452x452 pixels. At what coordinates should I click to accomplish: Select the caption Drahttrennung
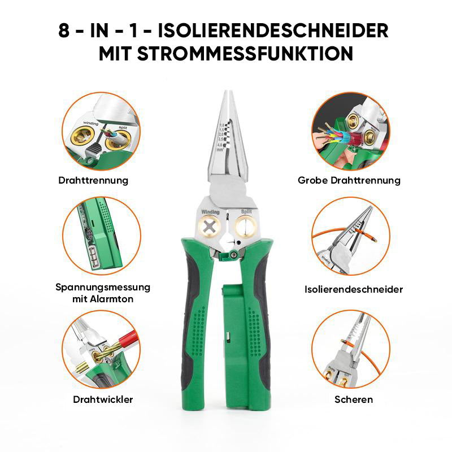coord(93,181)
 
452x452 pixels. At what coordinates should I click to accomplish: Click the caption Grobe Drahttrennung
coord(349,181)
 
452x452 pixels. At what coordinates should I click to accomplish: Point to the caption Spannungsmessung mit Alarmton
coord(103,293)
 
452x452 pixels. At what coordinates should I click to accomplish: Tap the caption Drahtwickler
coord(103,399)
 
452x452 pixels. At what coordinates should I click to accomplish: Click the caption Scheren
coord(354,399)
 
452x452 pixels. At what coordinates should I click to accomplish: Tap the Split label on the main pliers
coord(246,212)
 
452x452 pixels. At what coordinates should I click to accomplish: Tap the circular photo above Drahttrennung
coord(101,131)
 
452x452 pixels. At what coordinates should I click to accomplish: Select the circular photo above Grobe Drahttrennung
coord(351,131)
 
